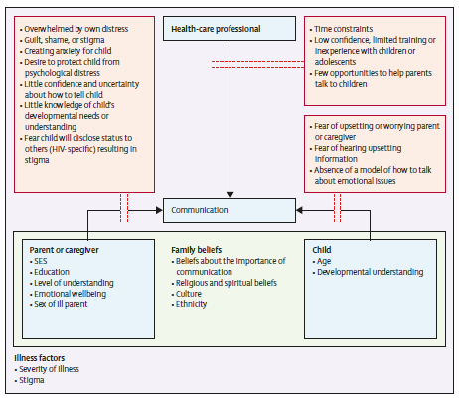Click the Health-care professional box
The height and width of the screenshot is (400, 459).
(229, 29)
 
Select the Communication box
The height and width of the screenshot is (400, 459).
(229, 210)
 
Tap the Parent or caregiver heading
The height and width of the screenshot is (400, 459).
(64, 250)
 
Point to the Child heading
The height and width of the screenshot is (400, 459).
(322, 250)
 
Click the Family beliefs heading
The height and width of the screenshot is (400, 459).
(197, 250)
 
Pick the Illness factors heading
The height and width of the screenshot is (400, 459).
(40, 358)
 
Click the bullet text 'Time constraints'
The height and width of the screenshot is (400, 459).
(343, 29)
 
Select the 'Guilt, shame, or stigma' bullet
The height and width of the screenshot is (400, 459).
(65, 40)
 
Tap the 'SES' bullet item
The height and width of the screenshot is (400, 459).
(41, 261)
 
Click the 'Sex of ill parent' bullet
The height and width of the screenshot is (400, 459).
(61, 304)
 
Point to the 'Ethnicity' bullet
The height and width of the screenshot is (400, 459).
(191, 304)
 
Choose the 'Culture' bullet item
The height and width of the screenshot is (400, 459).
(189, 294)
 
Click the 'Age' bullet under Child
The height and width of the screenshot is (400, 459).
(324, 261)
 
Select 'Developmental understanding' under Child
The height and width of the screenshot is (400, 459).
(371, 272)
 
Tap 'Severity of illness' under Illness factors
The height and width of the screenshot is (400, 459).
(49, 369)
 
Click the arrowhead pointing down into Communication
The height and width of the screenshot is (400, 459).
(229, 195)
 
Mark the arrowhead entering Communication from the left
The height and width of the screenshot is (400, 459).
(159, 210)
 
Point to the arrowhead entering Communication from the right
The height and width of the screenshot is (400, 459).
(299, 210)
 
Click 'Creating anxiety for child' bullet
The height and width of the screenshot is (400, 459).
(68, 51)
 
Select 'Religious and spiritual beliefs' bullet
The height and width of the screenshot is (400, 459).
(227, 283)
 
